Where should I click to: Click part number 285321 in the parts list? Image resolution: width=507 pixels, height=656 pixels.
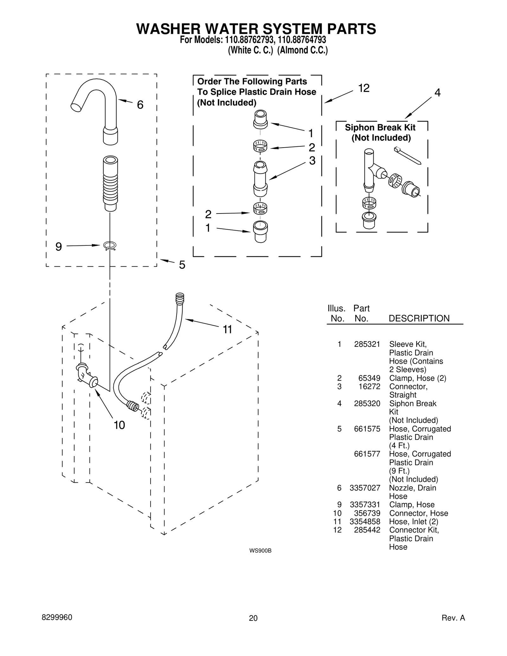[x=367, y=344]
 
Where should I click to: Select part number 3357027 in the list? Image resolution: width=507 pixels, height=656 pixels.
[x=365, y=488]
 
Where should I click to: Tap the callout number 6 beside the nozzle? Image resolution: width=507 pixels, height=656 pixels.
[x=140, y=105]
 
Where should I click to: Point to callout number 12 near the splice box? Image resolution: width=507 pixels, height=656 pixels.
[x=363, y=88]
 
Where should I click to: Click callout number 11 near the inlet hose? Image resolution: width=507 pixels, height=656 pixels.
[x=227, y=330]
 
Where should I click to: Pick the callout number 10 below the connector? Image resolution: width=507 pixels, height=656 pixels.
[x=119, y=425]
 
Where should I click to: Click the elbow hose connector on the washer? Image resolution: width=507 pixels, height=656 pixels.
[x=86, y=376]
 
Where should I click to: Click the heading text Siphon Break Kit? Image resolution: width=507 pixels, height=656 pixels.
[x=380, y=128]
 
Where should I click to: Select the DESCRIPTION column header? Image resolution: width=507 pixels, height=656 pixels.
[x=419, y=318]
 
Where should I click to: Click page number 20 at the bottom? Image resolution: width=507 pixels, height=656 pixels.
[x=253, y=618]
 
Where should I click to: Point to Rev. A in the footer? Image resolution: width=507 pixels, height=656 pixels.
[x=453, y=618]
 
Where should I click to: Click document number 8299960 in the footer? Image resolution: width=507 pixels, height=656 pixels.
[x=57, y=618]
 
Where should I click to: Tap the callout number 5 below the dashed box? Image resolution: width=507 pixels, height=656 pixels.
[x=182, y=265]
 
